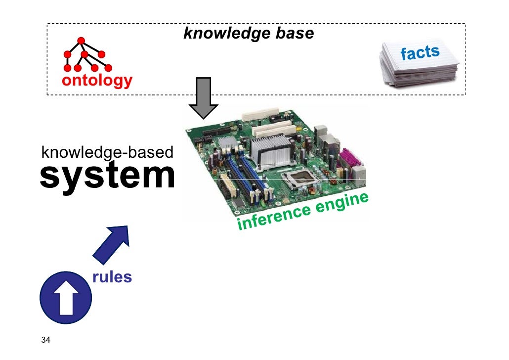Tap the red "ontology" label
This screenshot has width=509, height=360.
coord(97,81)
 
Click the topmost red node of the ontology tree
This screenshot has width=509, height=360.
coord(81,41)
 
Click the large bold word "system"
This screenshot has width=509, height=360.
coord(107,176)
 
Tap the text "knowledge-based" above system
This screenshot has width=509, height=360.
coord(107,152)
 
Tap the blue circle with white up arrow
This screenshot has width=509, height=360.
coord(65,298)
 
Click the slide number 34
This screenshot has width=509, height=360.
coord(46,340)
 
